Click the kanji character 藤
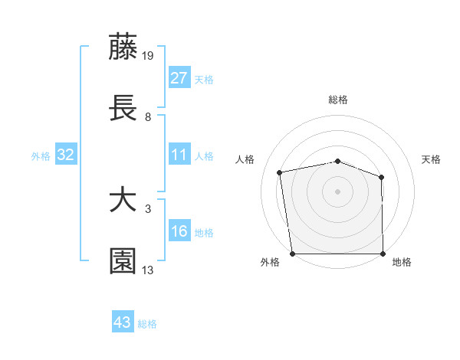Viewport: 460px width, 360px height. point(123,47)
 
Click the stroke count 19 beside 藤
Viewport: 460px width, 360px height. point(149,55)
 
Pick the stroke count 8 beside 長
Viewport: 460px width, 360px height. point(148,116)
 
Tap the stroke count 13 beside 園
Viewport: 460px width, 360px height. point(148,270)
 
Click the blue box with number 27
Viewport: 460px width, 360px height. point(179,78)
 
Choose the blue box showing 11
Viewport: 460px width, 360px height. point(179,155)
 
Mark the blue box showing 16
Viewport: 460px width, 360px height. point(179,232)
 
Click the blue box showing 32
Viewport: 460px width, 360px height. point(66,155)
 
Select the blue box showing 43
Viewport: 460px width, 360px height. point(123,322)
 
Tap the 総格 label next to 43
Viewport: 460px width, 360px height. point(147,324)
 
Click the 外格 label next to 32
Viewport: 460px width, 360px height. point(41,156)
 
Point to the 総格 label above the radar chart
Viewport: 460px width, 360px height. point(337,100)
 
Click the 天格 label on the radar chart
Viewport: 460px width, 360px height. point(431,159)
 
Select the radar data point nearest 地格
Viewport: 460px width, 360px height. point(383,254)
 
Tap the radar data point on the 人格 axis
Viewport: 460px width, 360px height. point(281,172)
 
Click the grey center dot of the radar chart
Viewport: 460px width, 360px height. point(337,191)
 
